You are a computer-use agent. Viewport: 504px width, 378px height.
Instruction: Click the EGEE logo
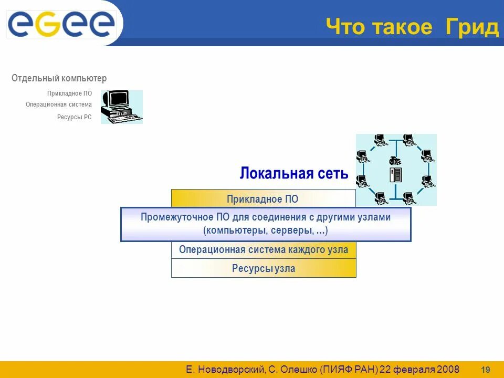[61, 24]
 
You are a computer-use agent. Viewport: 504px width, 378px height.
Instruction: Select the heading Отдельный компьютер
[59, 78]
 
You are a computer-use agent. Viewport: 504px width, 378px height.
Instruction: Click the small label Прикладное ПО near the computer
[69, 93]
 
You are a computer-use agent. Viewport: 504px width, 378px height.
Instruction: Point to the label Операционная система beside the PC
[59, 104]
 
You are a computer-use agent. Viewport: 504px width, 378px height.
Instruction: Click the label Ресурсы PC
[74, 117]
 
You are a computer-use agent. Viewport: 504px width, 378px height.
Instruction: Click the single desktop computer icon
[121, 107]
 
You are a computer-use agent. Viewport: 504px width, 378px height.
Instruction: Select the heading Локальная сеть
[294, 174]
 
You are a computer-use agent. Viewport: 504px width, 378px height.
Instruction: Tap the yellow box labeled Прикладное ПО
[263, 199]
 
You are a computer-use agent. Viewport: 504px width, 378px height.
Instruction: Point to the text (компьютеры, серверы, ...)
[266, 230]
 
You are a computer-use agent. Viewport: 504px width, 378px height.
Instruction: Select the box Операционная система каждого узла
[264, 250]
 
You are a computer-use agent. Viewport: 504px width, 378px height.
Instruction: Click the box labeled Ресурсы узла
[264, 269]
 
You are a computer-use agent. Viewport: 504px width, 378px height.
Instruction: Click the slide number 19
[486, 369]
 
